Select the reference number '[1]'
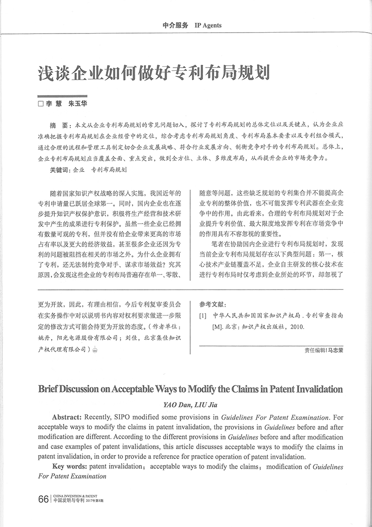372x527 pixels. [202, 315]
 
